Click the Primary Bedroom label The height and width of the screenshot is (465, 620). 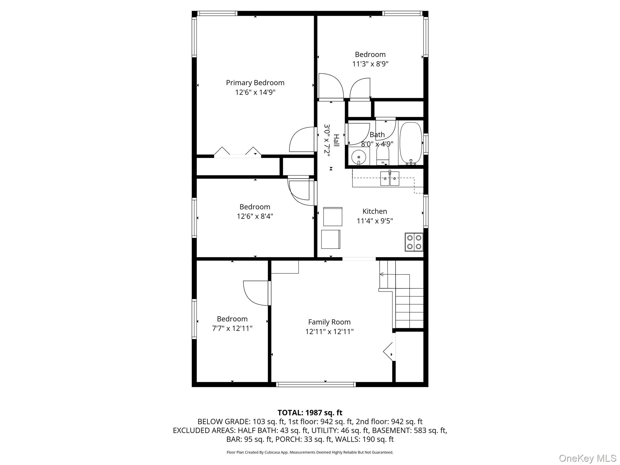pyautogui.click(x=255, y=83)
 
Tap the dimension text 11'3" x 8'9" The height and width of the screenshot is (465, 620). pyautogui.click(x=370, y=64)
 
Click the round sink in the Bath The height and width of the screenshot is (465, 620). pyautogui.click(x=359, y=157)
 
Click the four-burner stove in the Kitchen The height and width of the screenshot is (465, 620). pyautogui.click(x=414, y=242)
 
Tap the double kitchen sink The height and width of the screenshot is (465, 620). pyautogui.click(x=390, y=179)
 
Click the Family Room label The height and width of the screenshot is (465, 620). pyautogui.click(x=329, y=322)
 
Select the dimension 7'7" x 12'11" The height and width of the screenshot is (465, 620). pyautogui.click(x=232, y=328)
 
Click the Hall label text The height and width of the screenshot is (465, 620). pyautogui.click(x=336, y=140)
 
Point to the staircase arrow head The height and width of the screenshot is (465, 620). pyautogui.click(x=381, y=274)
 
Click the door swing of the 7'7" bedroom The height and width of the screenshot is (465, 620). pyautogui.click(x=256, y=293)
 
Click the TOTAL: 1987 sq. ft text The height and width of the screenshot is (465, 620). pyautogui.click(x=310, y=413)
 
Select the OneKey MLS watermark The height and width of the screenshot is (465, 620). pyautogui.click(x=587, y=458)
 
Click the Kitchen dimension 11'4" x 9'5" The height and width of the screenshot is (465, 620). pyautogui.click(x=374, y=221)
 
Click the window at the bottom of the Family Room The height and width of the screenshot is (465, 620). pyautogui.click(x=316, y=384)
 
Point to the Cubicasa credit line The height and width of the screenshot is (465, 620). pyautogui.click(x=310, y=452)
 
